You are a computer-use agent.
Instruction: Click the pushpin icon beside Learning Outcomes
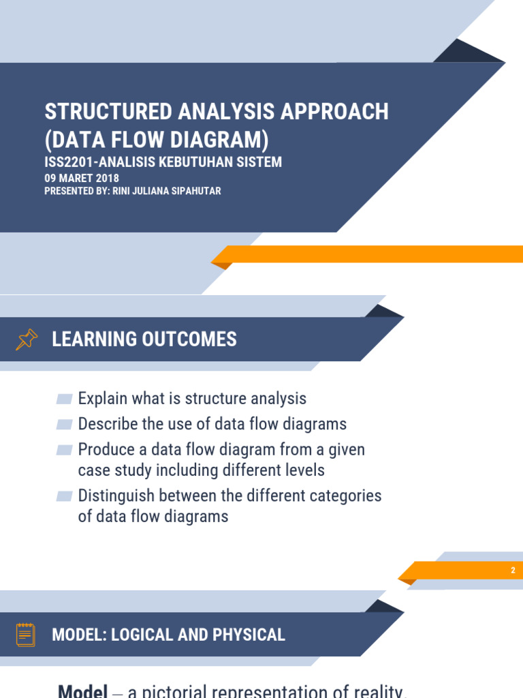tap(27, 339)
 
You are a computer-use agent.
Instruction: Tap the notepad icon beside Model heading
tap(26, 635)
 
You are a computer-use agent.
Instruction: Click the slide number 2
tap(513, 571)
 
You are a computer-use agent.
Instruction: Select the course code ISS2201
tap(67, 162)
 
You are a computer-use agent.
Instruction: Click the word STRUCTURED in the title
tap(103, 112)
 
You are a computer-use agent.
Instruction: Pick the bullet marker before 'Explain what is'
tap(65, 399)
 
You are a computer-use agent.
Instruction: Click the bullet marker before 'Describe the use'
tap(65, 424)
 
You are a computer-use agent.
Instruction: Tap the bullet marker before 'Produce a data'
tap(65, 450)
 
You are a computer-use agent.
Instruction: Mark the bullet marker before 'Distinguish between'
tap(65, 496)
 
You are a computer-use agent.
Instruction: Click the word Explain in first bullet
tap(102, 399)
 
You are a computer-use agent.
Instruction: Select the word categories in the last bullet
tap(345, 496)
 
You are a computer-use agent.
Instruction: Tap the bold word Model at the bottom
tap(82, 691)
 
